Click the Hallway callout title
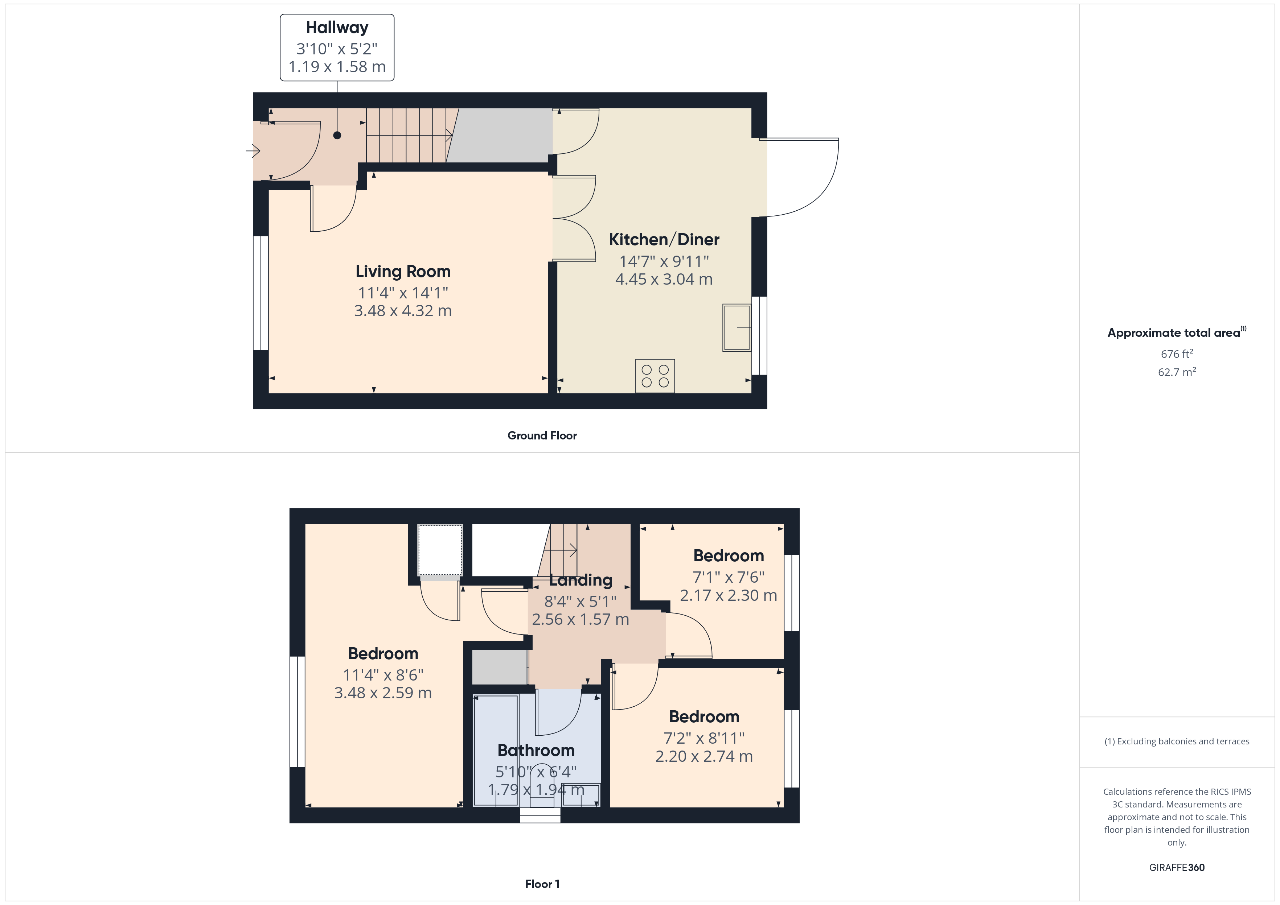337,27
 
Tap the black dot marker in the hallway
337,135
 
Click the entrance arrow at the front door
254,150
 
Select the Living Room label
402,271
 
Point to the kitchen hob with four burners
655,376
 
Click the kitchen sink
737,328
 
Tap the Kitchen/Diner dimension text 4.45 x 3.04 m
664,279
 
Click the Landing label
580,580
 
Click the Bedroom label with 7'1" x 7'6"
728,555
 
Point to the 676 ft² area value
1176,354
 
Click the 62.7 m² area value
1176,372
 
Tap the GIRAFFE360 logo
1176,868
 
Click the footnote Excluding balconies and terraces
1176,741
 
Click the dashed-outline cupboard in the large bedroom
440,550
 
